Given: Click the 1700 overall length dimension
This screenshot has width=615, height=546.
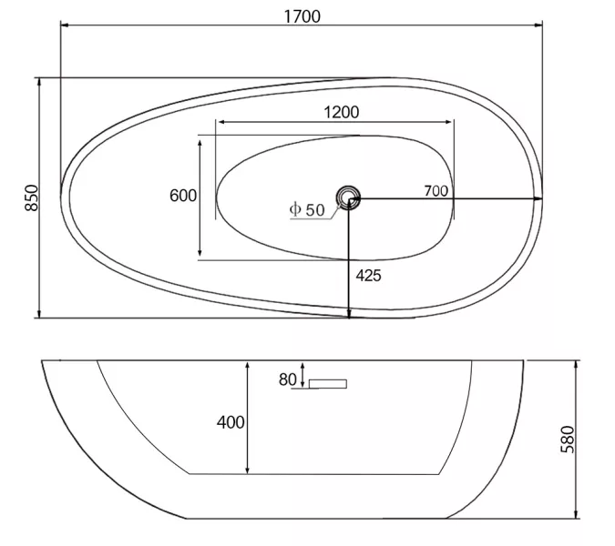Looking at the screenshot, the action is (x=302, y=16).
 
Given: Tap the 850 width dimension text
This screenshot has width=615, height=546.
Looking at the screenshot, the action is (x=32, y=197).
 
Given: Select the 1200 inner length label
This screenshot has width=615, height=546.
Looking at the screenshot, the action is (x=342, y=113).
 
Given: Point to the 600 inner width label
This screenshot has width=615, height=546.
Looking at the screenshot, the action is (x=183, y=196).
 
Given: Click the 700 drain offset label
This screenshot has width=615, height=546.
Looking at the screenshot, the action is (x=436, y=191).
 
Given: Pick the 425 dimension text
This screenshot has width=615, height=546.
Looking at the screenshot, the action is (x=368, y=276).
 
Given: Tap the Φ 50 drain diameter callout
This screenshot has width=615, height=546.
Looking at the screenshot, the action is (x=307, y=210).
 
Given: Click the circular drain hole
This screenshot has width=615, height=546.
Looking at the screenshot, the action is (x=348, y=197).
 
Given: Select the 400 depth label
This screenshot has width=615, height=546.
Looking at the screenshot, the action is (x=231, y=422).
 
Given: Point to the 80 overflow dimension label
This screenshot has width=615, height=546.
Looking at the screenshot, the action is (x=288, y=379).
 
